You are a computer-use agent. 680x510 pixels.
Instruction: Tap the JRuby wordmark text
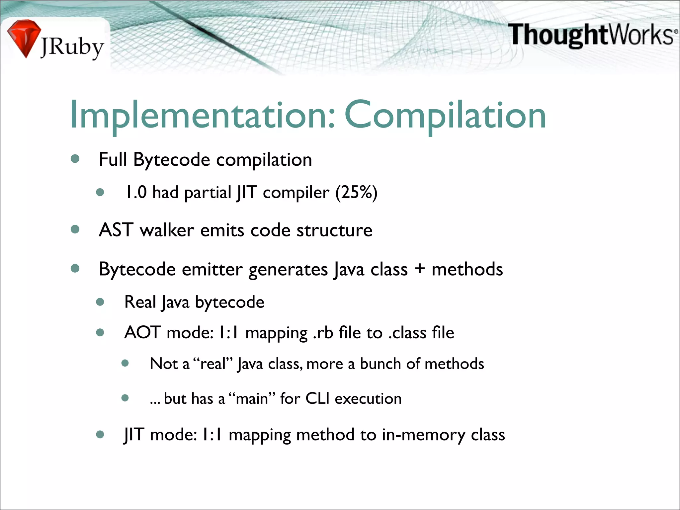(x=72, y=47)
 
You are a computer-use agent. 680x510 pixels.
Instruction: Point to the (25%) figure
(x=356, y=192)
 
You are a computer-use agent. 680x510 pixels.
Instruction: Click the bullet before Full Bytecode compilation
(x=75, y=159)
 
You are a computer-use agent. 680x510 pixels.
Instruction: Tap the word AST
(x=116, y=230)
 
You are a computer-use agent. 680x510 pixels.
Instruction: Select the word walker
(x=167, y=230)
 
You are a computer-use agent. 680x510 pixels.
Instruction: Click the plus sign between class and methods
(x=420, y=268)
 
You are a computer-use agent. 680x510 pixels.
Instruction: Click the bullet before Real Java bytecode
(x=100, y=302)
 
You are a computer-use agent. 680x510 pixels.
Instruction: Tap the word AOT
(x=142, y=332)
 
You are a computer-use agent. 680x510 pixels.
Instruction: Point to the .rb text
(x=323, y=332)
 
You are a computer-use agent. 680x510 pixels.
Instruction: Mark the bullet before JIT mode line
(x=100, y=434)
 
